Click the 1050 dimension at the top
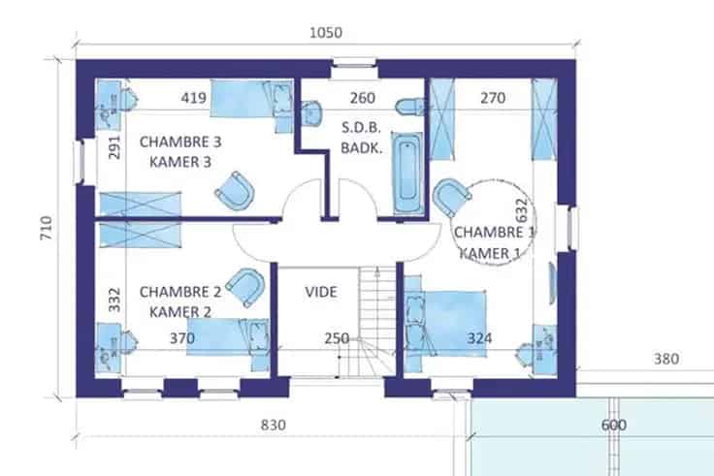326,33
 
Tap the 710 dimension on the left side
46,228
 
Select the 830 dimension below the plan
274,425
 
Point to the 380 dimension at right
666,359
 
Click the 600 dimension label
614,425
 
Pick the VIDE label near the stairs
321,292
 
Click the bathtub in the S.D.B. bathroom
407,173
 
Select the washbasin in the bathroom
311,112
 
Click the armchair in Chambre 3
235,191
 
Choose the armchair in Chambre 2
245,287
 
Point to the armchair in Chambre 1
451,197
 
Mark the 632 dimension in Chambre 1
521,209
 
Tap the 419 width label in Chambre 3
193,98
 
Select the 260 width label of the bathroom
363,98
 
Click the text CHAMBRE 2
180,292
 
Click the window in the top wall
354,63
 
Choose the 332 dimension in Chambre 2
114,300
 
